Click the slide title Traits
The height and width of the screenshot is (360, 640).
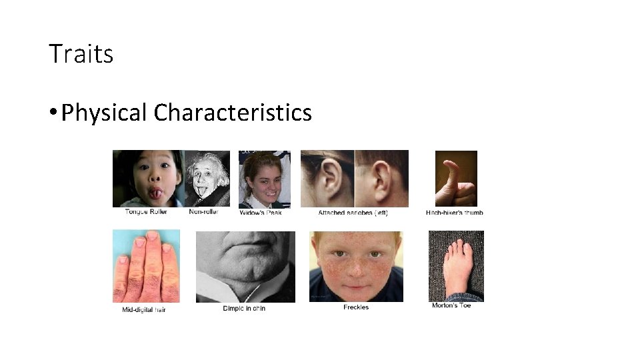(x=81, y=54)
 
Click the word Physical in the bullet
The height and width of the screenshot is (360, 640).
(x=103, y=113)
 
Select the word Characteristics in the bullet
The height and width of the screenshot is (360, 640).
(x=233, y=113)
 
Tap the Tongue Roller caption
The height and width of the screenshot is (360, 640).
(x=146, y=212)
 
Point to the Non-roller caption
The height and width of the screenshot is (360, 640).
(x=204, y=212)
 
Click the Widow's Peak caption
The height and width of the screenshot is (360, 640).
(x=261, y=213)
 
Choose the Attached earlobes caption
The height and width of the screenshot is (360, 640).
(x=353, y=213)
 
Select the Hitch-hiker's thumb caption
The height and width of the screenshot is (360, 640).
(x=455, y=213)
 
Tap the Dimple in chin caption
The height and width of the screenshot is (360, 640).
(x=244, y=309)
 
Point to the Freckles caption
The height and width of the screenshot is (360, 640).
(x=356, y=307)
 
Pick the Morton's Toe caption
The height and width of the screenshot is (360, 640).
(x=451, y=305)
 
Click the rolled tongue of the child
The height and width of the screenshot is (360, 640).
(x=155, y=194)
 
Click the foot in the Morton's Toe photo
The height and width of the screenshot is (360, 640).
(x=456, y=267)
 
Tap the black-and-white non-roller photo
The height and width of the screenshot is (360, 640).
(x=207, y=179)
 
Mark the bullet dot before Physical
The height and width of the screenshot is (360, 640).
(x=52, y=113)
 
